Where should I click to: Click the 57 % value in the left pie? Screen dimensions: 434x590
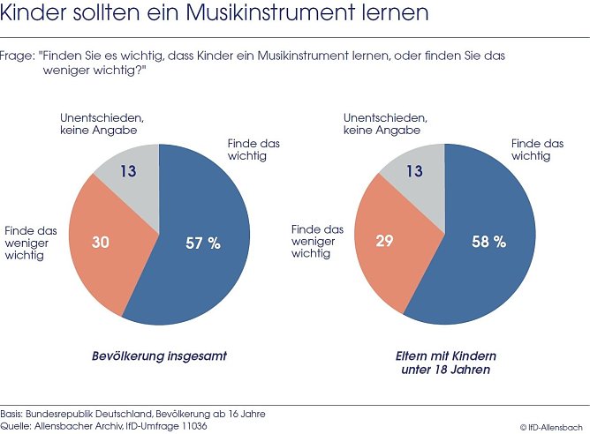[202, 243]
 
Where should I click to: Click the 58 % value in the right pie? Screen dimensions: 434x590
[488, 241]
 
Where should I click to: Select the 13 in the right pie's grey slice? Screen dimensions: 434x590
[413, 171]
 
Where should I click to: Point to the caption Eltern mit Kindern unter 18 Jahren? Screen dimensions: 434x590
[445, 363]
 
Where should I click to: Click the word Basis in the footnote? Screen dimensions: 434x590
[12, 414]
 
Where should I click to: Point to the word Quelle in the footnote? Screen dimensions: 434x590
[16, 426]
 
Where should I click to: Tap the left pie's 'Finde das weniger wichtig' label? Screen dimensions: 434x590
[31, 243]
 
